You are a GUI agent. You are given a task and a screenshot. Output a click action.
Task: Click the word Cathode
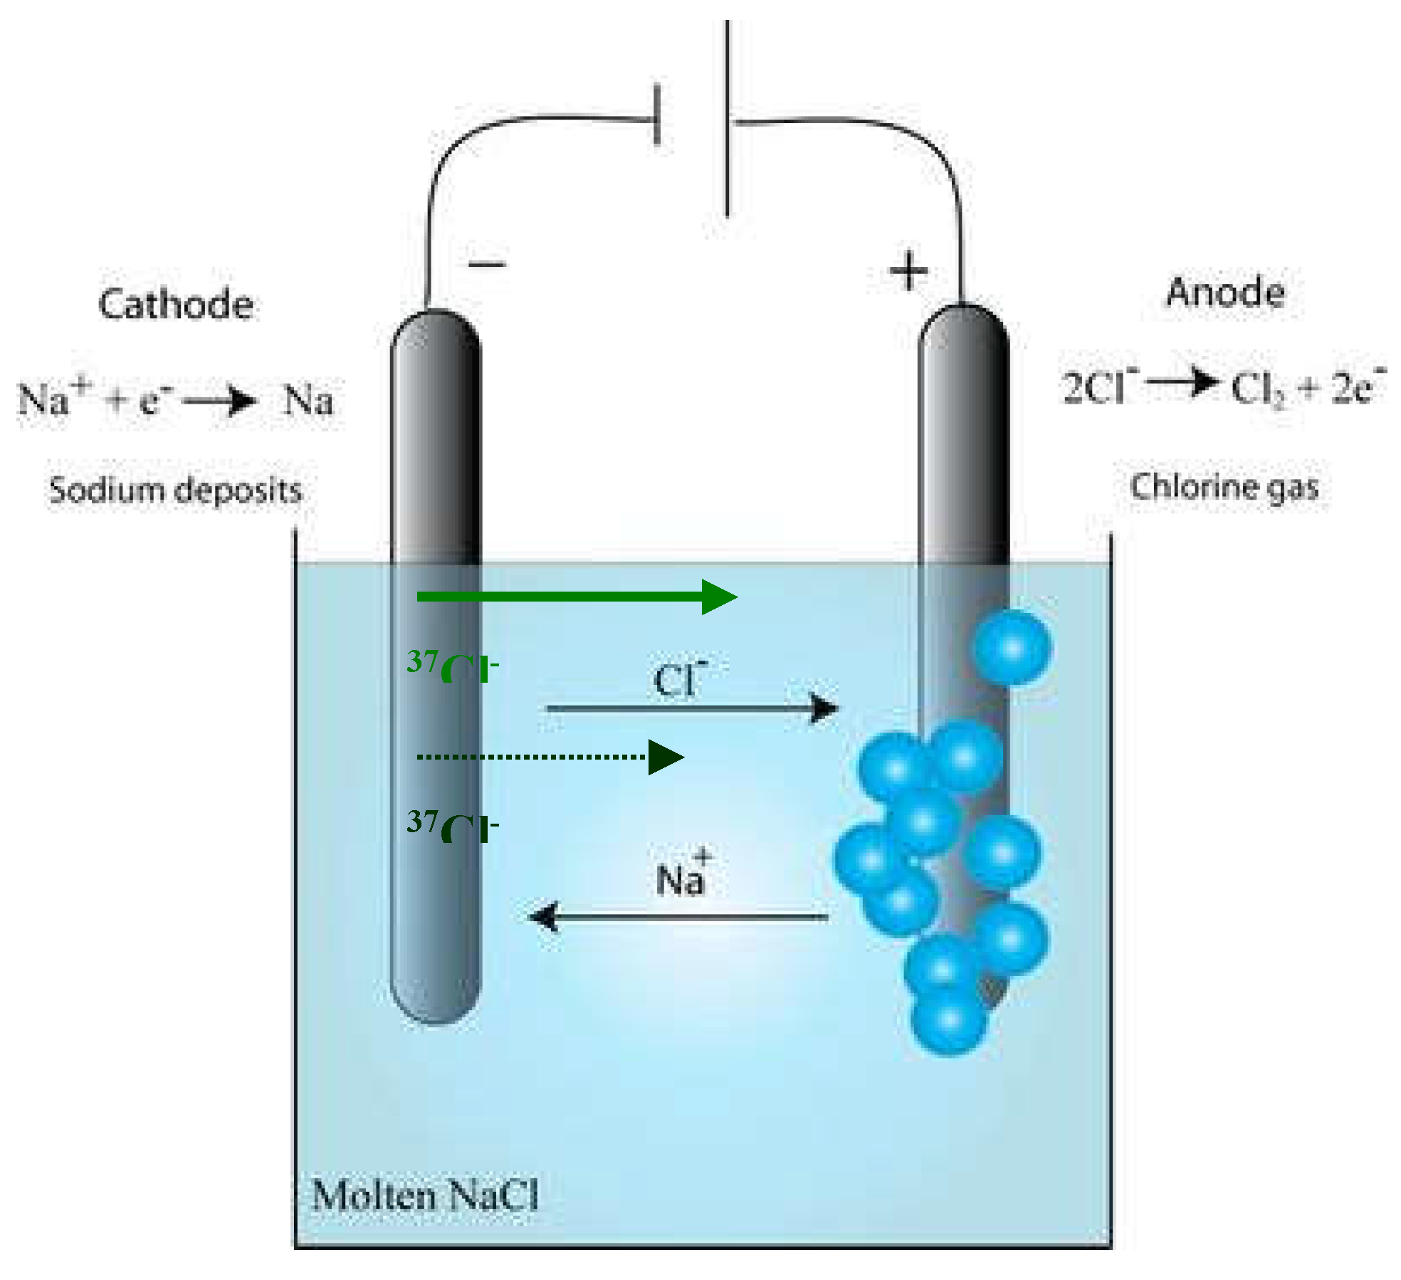(176, 305)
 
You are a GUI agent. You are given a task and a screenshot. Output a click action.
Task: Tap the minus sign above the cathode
(487, 264)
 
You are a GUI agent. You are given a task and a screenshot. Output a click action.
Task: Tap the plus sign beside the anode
(909, 271)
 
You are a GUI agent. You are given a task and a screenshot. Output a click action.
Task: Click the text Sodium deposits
(175, 491)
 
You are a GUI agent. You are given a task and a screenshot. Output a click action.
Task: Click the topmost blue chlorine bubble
(1012, 647)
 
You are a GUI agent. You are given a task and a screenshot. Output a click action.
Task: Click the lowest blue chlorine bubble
(948, 1019)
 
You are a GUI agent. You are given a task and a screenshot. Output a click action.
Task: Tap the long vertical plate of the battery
(727, 118)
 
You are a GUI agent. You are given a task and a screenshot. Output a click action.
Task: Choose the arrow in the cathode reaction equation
(219, 401)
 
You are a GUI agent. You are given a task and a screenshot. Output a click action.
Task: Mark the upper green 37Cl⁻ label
(452, 666)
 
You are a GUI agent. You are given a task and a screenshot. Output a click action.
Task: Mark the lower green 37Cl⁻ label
(452, 826)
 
